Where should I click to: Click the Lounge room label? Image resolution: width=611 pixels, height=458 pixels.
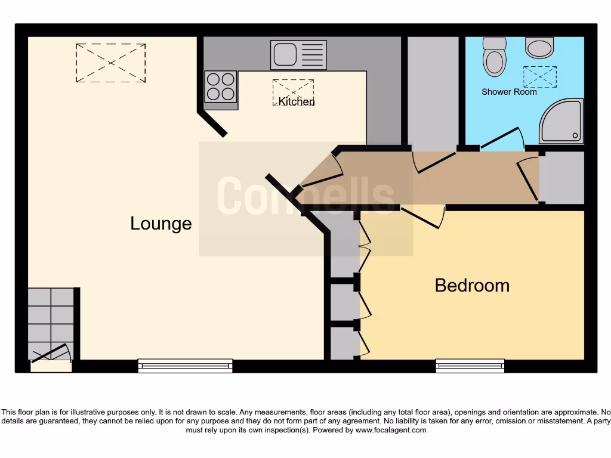click(x=161, y=224)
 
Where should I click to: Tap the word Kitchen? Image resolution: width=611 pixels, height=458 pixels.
click(x=297, y=101)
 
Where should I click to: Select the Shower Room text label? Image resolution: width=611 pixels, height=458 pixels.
click(x=509, y=92)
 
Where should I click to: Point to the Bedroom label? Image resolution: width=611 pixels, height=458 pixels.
click(x=472, y=285)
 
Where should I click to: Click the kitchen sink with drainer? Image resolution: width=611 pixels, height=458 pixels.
click(x=298, y=55)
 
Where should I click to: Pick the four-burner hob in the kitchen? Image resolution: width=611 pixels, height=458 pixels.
click(x=221, y=86)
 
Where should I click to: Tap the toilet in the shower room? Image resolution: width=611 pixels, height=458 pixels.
click(x=495, y=57)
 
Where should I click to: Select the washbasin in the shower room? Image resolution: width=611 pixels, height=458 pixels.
click(x=539, y=47)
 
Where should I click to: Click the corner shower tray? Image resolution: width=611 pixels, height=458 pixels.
click(x=561, y=122)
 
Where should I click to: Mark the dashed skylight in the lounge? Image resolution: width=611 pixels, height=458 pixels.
click(x=110, y=63)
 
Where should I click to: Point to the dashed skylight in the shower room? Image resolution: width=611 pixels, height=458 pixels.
click(x=539, y=77)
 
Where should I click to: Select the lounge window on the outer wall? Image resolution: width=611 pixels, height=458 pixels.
click(x=185, y=366)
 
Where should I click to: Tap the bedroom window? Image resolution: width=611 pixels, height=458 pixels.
click(x=470, y=366)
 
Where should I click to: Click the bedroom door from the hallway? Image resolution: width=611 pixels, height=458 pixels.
click(x=422, y=217)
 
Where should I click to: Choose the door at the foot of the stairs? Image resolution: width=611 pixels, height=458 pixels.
click(x=51, y=354)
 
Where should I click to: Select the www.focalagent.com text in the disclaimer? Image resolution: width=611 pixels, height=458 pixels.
click(x=391, y=430)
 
